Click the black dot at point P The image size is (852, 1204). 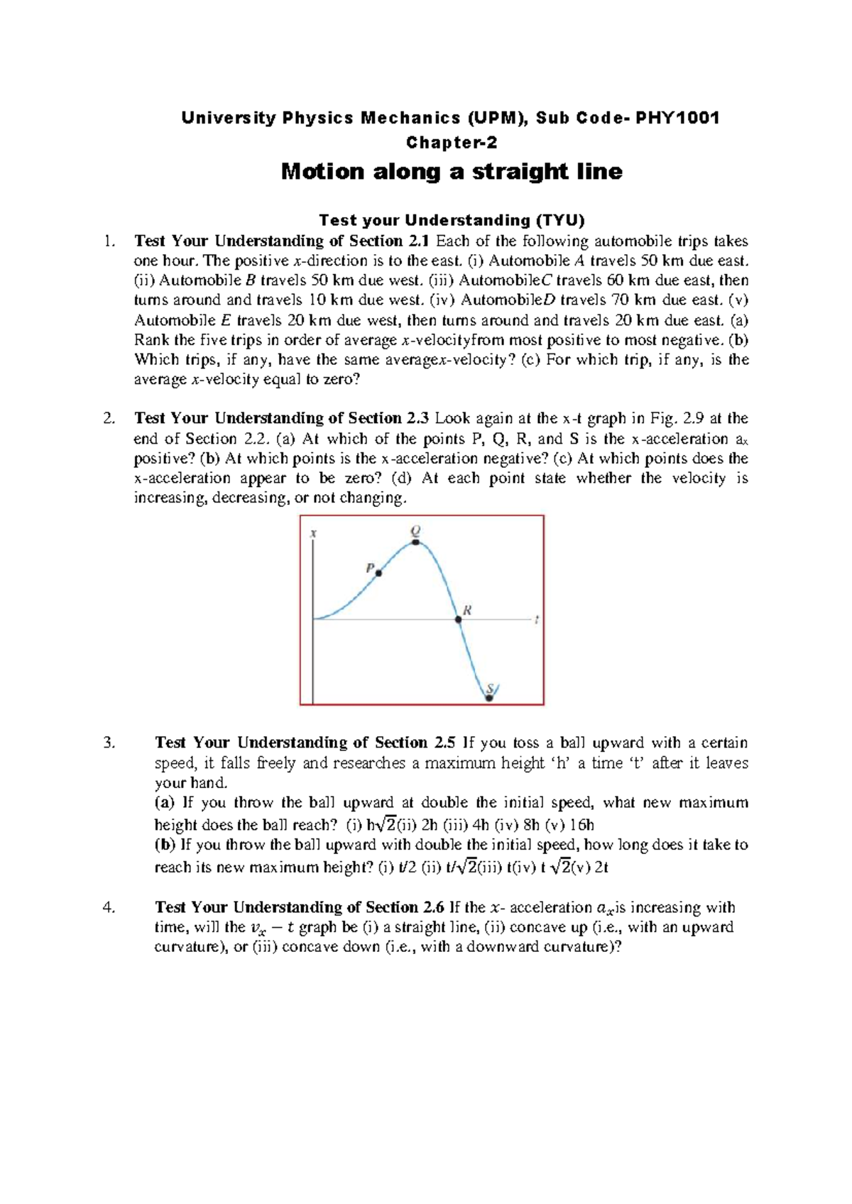[378, 573]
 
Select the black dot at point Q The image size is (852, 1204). [416, 542]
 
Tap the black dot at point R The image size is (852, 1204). [459, 620]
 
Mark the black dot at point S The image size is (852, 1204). [488, 699]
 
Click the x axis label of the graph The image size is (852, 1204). [314, 532]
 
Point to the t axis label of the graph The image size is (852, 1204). [537, 620]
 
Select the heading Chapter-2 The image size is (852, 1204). [452, 143]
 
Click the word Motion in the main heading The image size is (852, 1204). [322, 172]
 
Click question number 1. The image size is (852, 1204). [108, 241]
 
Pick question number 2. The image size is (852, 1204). [108, 418]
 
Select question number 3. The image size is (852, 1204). [108, 743]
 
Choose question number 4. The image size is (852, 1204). [108, 907]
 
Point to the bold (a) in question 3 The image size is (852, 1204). [164, 803]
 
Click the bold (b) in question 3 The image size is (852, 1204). [165, 845]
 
